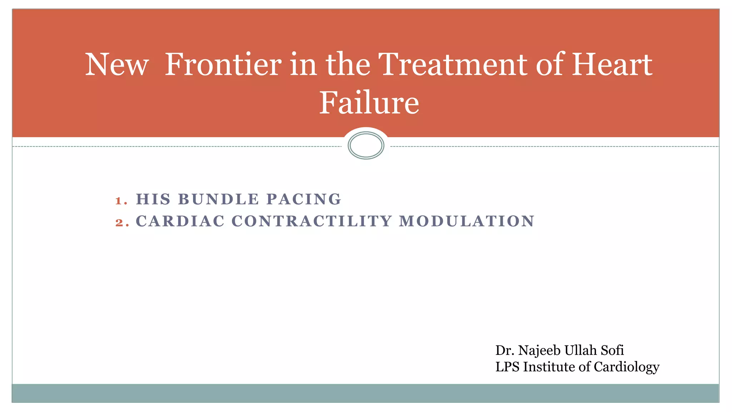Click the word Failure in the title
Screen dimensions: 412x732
369,103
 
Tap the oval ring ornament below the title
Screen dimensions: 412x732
366,145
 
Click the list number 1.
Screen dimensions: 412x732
120,200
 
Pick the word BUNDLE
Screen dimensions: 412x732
218,199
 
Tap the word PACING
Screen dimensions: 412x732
304,199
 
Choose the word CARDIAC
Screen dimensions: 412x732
180,221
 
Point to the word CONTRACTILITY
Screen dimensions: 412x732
312,221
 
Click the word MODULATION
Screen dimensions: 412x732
466,221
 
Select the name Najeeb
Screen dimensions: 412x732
539,351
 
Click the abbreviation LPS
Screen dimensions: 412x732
507,367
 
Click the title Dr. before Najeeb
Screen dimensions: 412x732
505,351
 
